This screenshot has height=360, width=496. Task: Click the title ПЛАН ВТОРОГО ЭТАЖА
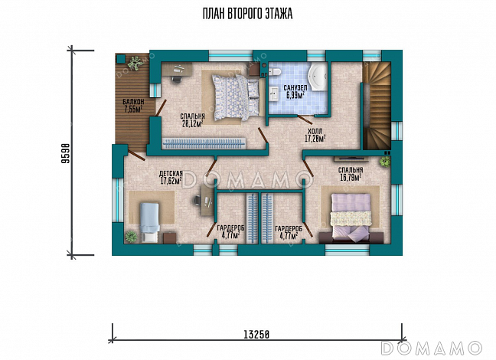click(x=247, y=14)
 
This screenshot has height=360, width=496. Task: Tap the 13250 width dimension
click(x=256, y=335)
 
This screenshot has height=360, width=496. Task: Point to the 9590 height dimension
click(x=65, y=153)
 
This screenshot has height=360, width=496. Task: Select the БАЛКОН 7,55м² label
click(x=133, y=106)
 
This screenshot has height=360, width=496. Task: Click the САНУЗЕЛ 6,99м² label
click(x=295, y=91)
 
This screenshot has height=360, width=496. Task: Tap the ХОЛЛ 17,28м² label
click(x=315, y=135)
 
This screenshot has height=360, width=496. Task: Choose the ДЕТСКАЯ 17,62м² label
click(x=171, y=177)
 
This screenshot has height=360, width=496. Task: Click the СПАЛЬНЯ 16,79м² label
click(x=351, y=174)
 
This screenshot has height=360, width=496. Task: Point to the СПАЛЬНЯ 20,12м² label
click(x=192, y=120)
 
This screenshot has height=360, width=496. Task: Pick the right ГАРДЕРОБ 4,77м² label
click(x=289, y=232)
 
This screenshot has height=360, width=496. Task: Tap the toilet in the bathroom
click(x=274, y=71)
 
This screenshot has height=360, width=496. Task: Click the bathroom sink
click(x=274, y=94)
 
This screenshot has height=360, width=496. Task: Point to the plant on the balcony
click(x=136, y=63)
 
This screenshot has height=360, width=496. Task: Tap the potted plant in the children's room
click(x=131, y=237)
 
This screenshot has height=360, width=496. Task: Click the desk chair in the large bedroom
click(x=177, y=79)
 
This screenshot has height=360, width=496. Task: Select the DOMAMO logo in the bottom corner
click(x=432, y=348)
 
